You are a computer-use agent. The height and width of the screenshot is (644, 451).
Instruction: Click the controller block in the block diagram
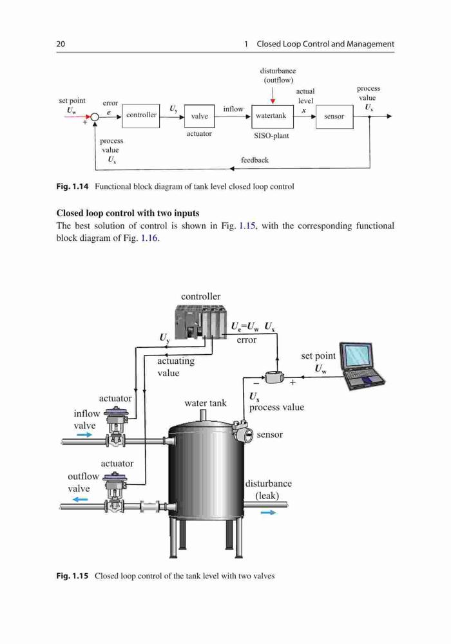[141, 116]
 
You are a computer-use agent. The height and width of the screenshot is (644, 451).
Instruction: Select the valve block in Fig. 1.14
[199, 116]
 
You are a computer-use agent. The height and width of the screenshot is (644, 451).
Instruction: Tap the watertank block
[272, 117]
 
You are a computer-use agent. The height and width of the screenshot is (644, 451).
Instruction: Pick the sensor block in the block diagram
[334, 117]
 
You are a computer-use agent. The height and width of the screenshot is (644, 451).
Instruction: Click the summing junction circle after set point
[95, 117]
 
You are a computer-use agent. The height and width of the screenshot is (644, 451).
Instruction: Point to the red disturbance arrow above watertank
[273, 96]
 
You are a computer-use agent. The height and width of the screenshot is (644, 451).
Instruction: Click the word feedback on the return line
[254, 160]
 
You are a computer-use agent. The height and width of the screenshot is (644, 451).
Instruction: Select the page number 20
[61, 44]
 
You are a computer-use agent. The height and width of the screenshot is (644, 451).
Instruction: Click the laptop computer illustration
[363, 366]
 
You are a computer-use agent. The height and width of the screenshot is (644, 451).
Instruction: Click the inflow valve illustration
[116, 427]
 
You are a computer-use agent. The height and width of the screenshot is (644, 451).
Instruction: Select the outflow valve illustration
[115, 493]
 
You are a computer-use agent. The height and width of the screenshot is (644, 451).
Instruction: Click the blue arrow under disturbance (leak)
[269, 512]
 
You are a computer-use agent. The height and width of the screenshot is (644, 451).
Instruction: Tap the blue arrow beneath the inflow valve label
[84, 435]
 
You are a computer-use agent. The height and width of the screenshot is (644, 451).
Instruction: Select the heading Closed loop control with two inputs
[128, 213]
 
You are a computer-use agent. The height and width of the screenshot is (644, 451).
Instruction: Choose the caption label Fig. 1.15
[72, 576]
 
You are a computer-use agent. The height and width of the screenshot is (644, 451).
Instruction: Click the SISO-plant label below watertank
[271, 135]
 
